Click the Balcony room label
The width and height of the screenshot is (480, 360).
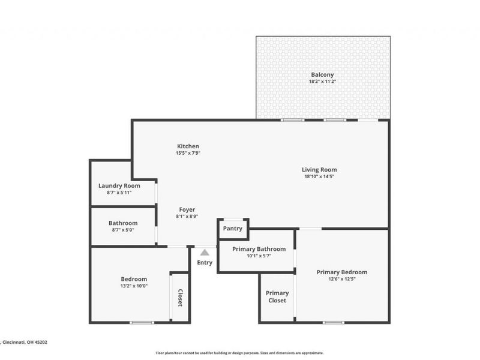pyautogui.click(x=322, y=74)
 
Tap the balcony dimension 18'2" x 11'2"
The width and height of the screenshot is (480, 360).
pyautogui.click(x=322, y=82)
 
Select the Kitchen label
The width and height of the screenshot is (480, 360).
pyautogui.click(x=188, y=146)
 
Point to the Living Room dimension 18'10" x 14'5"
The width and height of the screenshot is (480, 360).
pyautogui.click(x=319, y=177)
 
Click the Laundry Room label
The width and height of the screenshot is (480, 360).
pyautogui.click(x=119, y=185)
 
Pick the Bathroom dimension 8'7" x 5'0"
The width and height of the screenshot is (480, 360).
pyautogui.click(x=123, y=230)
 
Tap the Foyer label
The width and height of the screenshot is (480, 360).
pyautogui.click(x=187, y=209)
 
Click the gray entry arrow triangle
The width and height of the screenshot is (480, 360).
pyautogui.click(x=205, y=253)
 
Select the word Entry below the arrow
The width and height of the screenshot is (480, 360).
pyautogui.click(x=205, y=263)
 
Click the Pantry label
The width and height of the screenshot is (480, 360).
pyautogui.click(x=232, y=229)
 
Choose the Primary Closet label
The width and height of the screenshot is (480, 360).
pyautogui.click(x=277, y=296)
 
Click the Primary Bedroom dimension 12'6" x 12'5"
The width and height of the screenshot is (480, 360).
pyautogui.click(x=341, y=279)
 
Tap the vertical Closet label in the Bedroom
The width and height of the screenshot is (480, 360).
pyautogui.click(x=180, y=298)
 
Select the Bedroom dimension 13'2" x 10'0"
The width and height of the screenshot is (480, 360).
pyautogui.click(x=134, y=286)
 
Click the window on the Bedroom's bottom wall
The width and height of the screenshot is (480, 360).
pyautogui.click(x=142, y=323)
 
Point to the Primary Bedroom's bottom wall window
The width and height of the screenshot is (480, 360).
pyautogui.click(x=334, y=323)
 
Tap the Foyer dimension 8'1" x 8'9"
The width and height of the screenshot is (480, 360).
pyautogui.click(x=187, y=217)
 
